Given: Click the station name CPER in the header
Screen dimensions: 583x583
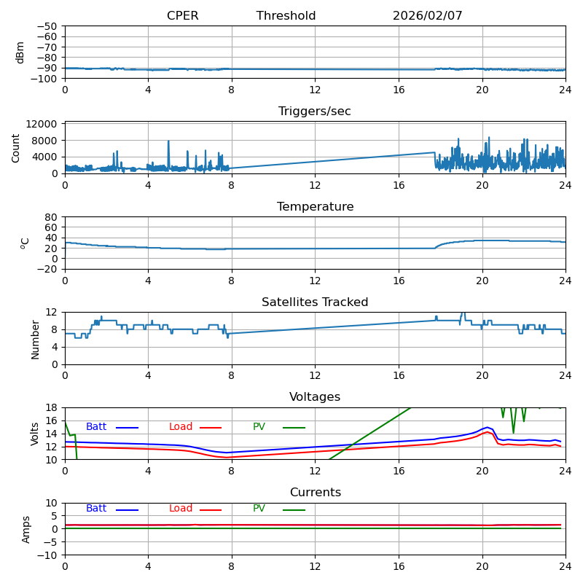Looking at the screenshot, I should (182, 16).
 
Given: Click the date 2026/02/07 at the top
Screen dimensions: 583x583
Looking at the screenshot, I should (427, 16).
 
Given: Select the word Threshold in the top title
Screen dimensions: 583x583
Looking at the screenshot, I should (286, 16).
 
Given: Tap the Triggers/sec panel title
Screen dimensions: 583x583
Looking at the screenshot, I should (315, 111).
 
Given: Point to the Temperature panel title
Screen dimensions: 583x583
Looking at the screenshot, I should (315, 207).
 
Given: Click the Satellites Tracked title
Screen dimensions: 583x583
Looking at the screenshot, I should (315, 302).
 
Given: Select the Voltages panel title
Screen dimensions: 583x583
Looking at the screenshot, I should (315, 397).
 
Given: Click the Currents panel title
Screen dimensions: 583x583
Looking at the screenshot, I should (315, 493).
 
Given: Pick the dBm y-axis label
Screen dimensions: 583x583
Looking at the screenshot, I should (20, 52).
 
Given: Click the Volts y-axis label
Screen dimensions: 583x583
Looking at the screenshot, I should (35, 434).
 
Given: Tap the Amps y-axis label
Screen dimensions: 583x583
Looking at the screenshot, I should (26, 529).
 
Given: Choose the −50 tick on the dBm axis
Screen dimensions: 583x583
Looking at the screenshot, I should (46, 26).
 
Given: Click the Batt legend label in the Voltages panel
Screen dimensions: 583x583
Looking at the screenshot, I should (96, 427).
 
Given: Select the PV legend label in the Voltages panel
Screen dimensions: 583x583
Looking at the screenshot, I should (260, 427).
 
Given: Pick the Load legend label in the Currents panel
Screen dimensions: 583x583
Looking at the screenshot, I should (181, 509).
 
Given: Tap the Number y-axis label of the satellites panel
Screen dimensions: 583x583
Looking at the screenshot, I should (35, 338).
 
